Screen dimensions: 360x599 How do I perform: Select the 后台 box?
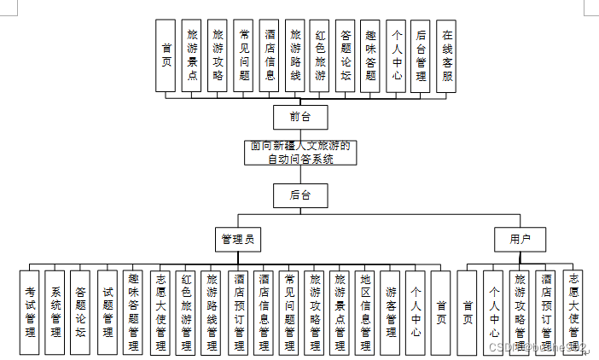click(x=299, y=195)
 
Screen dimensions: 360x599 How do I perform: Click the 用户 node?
click(x=520, y=240)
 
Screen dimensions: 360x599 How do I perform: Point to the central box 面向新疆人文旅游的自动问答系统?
click(x=299, y=153)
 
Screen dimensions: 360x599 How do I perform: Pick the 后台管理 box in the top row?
click(x=420, y=55)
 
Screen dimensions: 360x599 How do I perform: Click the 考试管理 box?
click(x=29, y=311)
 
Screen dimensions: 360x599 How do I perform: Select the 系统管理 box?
click(x=55, y=311)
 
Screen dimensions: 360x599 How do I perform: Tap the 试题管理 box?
click(x=108, y=311)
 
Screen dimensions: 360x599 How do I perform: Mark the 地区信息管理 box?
click(x=365, y=311)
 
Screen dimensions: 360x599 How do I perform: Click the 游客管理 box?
click(x=391, y=311)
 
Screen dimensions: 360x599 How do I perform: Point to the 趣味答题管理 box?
click(x=133, y=311)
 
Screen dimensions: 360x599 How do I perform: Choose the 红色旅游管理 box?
click(x=185, y=311)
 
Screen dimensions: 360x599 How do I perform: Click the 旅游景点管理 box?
click(x=340, y=311)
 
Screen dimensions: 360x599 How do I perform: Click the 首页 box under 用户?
click(x=467, y=311)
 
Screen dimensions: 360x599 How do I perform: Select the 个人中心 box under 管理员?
click(x=415, y=311)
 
